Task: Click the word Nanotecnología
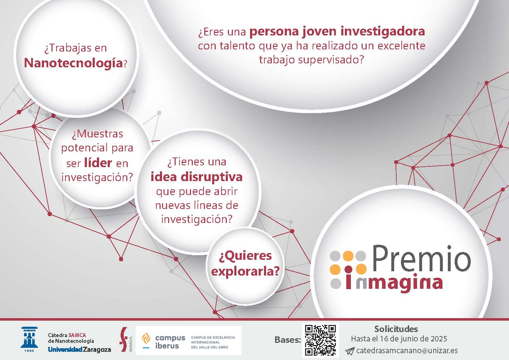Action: (x=73, y=63)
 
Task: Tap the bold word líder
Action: (x=98, y=163)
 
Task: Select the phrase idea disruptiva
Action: (x=197, y=177)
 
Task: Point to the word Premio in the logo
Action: (x=421, y=259)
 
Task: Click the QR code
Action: (x=320, y=340)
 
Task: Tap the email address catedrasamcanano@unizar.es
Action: (x=407, y=350)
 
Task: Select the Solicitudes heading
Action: (x=396, y=329)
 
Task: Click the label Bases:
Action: (x=288, y=340)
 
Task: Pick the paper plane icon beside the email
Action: (x=349, y=351)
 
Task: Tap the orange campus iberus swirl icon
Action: (x=146, y=339)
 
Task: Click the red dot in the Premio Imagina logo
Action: (x=348, y=269)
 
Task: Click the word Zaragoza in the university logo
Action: (x=97, y=350)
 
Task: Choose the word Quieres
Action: (x=245, y=256)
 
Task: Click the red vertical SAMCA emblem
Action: (x=124, y=340)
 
